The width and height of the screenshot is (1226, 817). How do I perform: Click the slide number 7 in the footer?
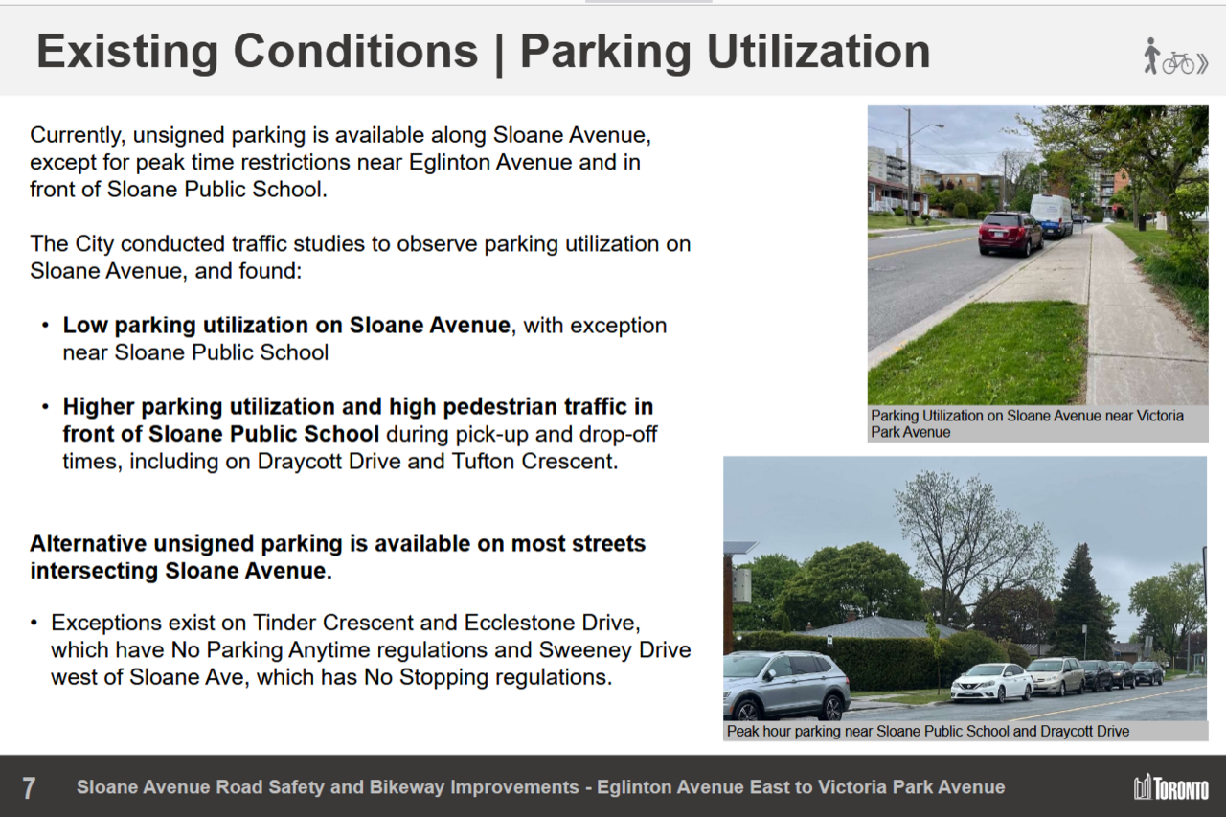(x=29, y=788)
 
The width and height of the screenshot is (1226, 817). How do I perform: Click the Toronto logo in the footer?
(x=1171, y=787)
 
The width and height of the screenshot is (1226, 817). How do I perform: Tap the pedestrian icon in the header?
(x=1151, y=56)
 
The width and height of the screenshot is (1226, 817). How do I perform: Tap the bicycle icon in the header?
(x=1178, y=63)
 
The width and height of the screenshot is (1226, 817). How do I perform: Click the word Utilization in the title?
(x=818, y=52)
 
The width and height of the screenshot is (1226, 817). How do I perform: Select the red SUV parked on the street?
(x=1010, y=234)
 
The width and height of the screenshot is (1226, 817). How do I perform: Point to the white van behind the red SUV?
(x=1051, y=216)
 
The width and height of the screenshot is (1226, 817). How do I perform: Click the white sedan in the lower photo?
(x=991, y=682)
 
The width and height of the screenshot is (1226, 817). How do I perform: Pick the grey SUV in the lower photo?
(x=785, y=686)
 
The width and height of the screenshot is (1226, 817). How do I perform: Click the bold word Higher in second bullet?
(x=98, y=407)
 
